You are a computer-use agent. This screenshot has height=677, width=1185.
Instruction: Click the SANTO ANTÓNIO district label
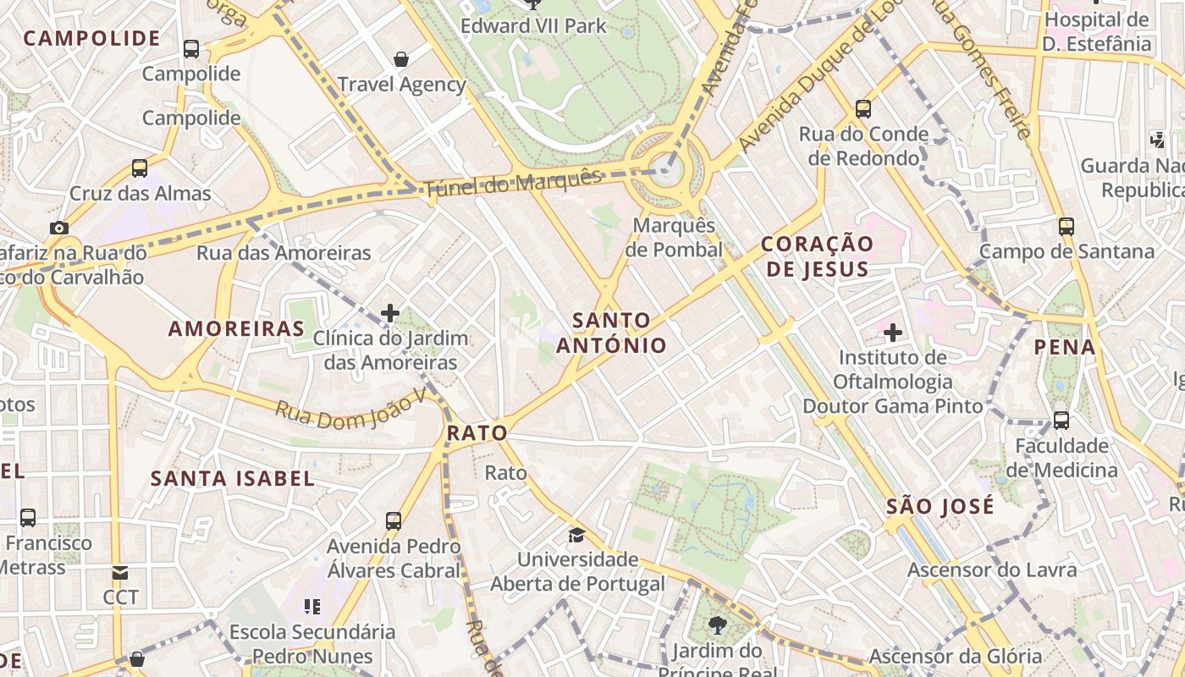611,333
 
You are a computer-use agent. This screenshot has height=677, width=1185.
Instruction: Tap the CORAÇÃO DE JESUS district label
816,256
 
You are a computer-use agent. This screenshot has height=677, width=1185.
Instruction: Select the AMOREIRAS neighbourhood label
236,328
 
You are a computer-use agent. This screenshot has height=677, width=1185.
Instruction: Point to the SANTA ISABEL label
233,478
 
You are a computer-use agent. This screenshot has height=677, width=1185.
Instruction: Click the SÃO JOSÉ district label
940,506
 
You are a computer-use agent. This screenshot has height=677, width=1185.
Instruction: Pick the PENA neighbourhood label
1064,347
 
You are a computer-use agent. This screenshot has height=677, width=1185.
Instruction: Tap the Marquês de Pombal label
674,238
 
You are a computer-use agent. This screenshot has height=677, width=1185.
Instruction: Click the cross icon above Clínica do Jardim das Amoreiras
389,313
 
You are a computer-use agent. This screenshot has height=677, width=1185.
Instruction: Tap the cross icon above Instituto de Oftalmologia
892,333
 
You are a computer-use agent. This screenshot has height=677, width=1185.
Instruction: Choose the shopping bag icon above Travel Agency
401,59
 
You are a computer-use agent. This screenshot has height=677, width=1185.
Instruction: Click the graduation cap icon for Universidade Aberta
576,535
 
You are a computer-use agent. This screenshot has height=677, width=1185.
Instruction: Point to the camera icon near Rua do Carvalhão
58,228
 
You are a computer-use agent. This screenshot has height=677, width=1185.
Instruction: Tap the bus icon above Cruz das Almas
140,168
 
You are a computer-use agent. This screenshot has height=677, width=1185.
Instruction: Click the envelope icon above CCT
120,573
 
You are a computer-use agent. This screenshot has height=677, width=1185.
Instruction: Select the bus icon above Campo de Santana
1066,226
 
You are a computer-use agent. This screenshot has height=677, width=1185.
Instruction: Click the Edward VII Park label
533,26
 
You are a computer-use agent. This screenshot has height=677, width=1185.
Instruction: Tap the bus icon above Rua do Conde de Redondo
863,108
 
